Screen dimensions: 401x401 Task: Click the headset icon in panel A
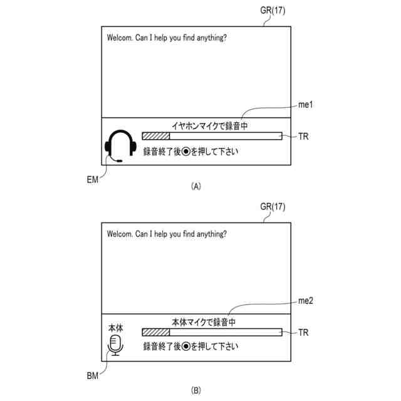[120, 147]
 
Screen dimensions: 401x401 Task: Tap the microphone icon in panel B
[115, 344]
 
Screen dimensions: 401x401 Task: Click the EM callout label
[93, 180]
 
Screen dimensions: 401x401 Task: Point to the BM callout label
[93, 377]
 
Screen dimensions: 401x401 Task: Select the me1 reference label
[305, 105]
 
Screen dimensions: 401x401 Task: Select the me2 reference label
[306, 301]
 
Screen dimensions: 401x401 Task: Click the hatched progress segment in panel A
[156, 136]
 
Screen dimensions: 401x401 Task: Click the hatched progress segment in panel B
[156, 333]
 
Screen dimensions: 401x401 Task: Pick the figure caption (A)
[196, 186]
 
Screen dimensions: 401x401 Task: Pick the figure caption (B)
[196, 390]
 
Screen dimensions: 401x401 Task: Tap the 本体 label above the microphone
[115, 328]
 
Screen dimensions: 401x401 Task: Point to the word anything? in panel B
[209, 234]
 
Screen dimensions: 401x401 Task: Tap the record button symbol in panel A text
[186, 151]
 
